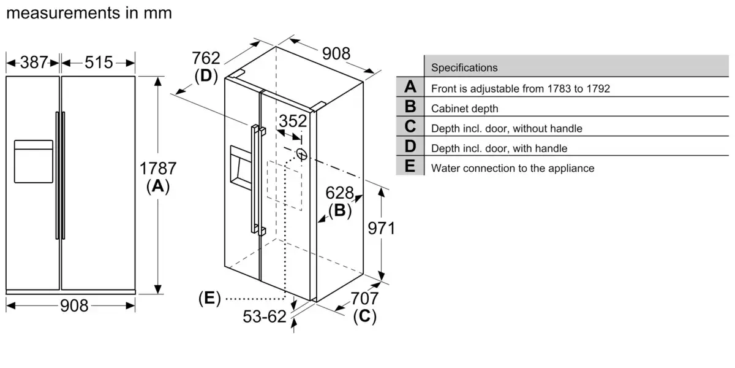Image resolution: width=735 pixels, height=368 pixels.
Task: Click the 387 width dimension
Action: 34,62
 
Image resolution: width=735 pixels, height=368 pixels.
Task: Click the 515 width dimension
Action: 99,62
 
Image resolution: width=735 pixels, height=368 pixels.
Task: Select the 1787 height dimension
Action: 158,169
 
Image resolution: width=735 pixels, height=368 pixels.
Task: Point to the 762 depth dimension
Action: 206,59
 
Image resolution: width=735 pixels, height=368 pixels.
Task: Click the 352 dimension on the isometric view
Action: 293,121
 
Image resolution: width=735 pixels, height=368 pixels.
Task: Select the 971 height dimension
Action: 381,229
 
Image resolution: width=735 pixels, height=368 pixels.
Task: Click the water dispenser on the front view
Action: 33,161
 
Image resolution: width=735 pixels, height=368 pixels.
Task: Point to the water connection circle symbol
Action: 301,153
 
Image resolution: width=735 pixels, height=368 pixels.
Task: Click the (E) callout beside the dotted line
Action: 209,299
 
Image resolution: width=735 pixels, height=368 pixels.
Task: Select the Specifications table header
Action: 465,67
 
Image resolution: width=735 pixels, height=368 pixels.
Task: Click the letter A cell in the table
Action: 410,88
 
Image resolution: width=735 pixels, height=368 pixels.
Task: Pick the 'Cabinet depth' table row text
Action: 465,109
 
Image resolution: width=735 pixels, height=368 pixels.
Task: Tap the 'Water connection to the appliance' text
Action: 513,168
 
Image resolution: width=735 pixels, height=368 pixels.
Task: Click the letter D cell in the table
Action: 410,147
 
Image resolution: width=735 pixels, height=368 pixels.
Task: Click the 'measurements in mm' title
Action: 89,13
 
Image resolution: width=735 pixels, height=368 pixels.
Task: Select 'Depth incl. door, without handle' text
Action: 507,128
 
